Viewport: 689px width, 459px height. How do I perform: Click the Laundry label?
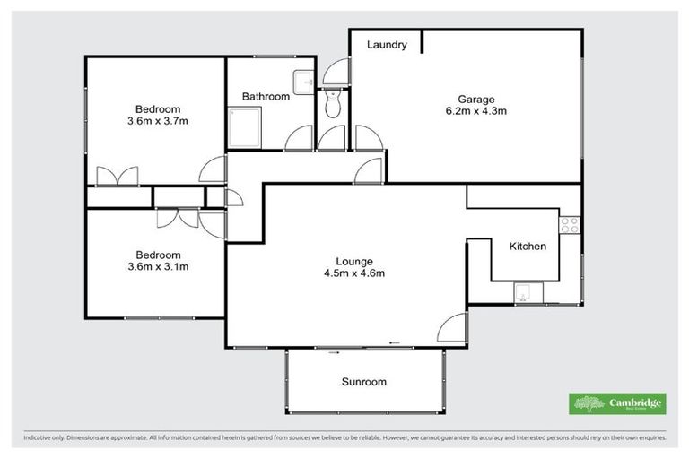(388, 45)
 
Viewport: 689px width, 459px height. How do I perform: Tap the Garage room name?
(476, 99)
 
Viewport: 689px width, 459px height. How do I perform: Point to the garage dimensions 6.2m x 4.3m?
(476, 111)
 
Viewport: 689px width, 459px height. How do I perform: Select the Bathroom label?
(266, 96)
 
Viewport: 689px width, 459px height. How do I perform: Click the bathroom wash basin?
(305, 81)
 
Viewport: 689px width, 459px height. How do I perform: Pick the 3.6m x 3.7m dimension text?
(158, 121)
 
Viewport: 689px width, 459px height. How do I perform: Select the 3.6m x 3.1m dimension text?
(158, 266)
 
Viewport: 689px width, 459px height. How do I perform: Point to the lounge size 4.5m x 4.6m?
(354, 273)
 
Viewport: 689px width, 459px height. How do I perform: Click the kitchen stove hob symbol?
(570, 225)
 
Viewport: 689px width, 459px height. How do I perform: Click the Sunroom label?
(363, 382)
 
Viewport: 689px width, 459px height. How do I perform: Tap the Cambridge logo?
(618, 403)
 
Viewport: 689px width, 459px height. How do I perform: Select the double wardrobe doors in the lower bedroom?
(177, 217)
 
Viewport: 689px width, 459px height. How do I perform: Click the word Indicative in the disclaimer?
(38, 438)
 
